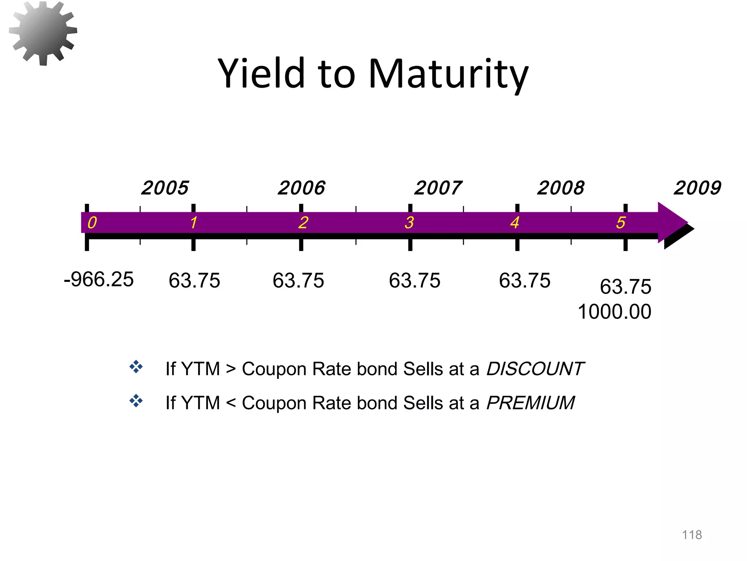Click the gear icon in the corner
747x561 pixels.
point(43,33)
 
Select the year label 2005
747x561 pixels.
point(165,188)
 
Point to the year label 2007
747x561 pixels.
point(438,188)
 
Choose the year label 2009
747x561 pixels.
point(697,188)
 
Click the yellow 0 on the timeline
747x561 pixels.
point(92,222)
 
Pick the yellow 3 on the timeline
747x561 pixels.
point(409,222)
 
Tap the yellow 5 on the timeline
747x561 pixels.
point(621,222)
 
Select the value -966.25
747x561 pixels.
point(99,280)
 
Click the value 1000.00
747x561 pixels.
point(615,312)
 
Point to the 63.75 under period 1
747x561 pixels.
point(194,281)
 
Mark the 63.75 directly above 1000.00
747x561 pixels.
point(626,287)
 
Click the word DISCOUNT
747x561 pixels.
point(535,369)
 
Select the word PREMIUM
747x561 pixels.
point(530,403)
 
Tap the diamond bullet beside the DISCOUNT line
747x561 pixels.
point(136,367)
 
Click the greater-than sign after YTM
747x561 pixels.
point(231,369)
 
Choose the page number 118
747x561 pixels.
point(692,535)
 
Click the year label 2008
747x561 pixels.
point(561,188)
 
